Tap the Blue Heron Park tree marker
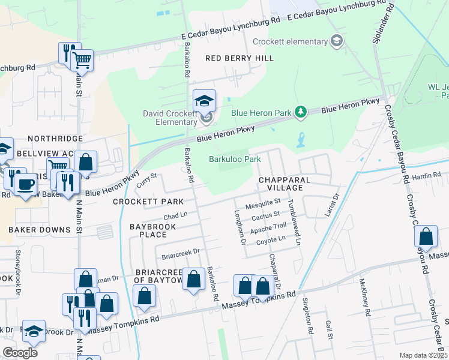(x=303, y=112)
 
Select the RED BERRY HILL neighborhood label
(x=240, y=58)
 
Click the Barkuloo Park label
(x=235, y=159)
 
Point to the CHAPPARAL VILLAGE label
(x=285, y=184)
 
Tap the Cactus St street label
(x=267, y=214)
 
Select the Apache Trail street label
(x=268, y=227)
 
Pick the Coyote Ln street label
(x=271, y=239)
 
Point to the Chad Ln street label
(x=176, y=215)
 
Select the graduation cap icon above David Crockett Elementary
(x=204, y=100)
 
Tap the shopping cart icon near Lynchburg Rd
(x=82, y=59)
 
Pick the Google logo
(x=20, y=352)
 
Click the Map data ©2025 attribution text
(x=423, y=355)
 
